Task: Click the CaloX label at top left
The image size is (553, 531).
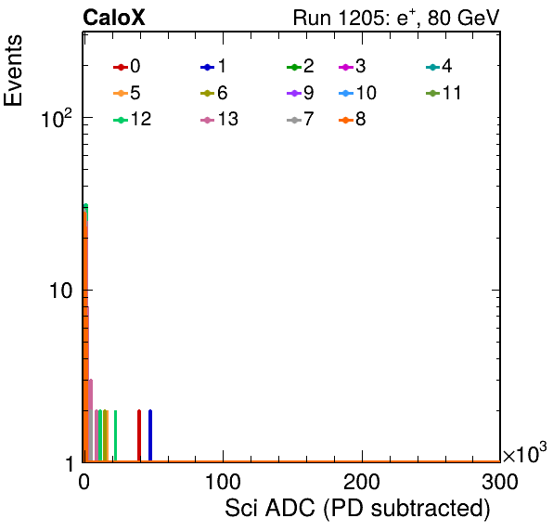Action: tap(114, 18)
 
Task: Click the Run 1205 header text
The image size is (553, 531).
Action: tap(396, 18)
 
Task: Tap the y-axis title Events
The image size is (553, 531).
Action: tap(13, 71)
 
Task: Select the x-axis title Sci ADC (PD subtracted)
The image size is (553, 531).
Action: tap(357, 509)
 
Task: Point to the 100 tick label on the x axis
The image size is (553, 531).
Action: tap(223, 482)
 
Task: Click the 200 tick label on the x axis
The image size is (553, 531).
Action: tap(362, 482)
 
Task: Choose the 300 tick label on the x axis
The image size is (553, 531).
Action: tap(500, 482)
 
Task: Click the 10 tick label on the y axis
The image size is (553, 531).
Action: tap(60, 291)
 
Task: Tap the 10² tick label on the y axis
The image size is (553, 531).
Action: tap(57, 119)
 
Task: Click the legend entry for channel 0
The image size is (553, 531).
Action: tap(126, 66)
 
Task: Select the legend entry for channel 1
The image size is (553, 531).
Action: tap(213, 66)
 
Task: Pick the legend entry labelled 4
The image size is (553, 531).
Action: tap(439, 66)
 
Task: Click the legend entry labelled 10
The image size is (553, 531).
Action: tap(357, 93)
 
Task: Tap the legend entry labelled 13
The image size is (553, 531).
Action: tap(219, 120)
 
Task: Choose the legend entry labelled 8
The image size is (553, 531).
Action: tap(352, 120)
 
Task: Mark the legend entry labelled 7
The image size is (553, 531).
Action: tap(301, 120)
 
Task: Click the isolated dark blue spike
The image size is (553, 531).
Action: tap(150, 435)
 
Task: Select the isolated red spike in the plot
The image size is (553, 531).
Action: tap(139, 435)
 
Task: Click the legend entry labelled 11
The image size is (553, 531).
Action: tap(444, 93)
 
